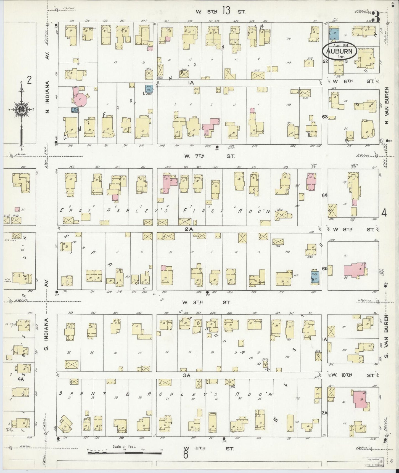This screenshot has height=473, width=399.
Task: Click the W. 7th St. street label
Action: click(x=210, y=156)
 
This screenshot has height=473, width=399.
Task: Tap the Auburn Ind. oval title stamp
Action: click(x=339, y=51)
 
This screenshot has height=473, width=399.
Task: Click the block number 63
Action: click(x=324, y=117)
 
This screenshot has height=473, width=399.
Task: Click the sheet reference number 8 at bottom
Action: click(x=186, y=455)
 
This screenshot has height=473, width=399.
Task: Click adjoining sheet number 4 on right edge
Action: click(x=384, y=213)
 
